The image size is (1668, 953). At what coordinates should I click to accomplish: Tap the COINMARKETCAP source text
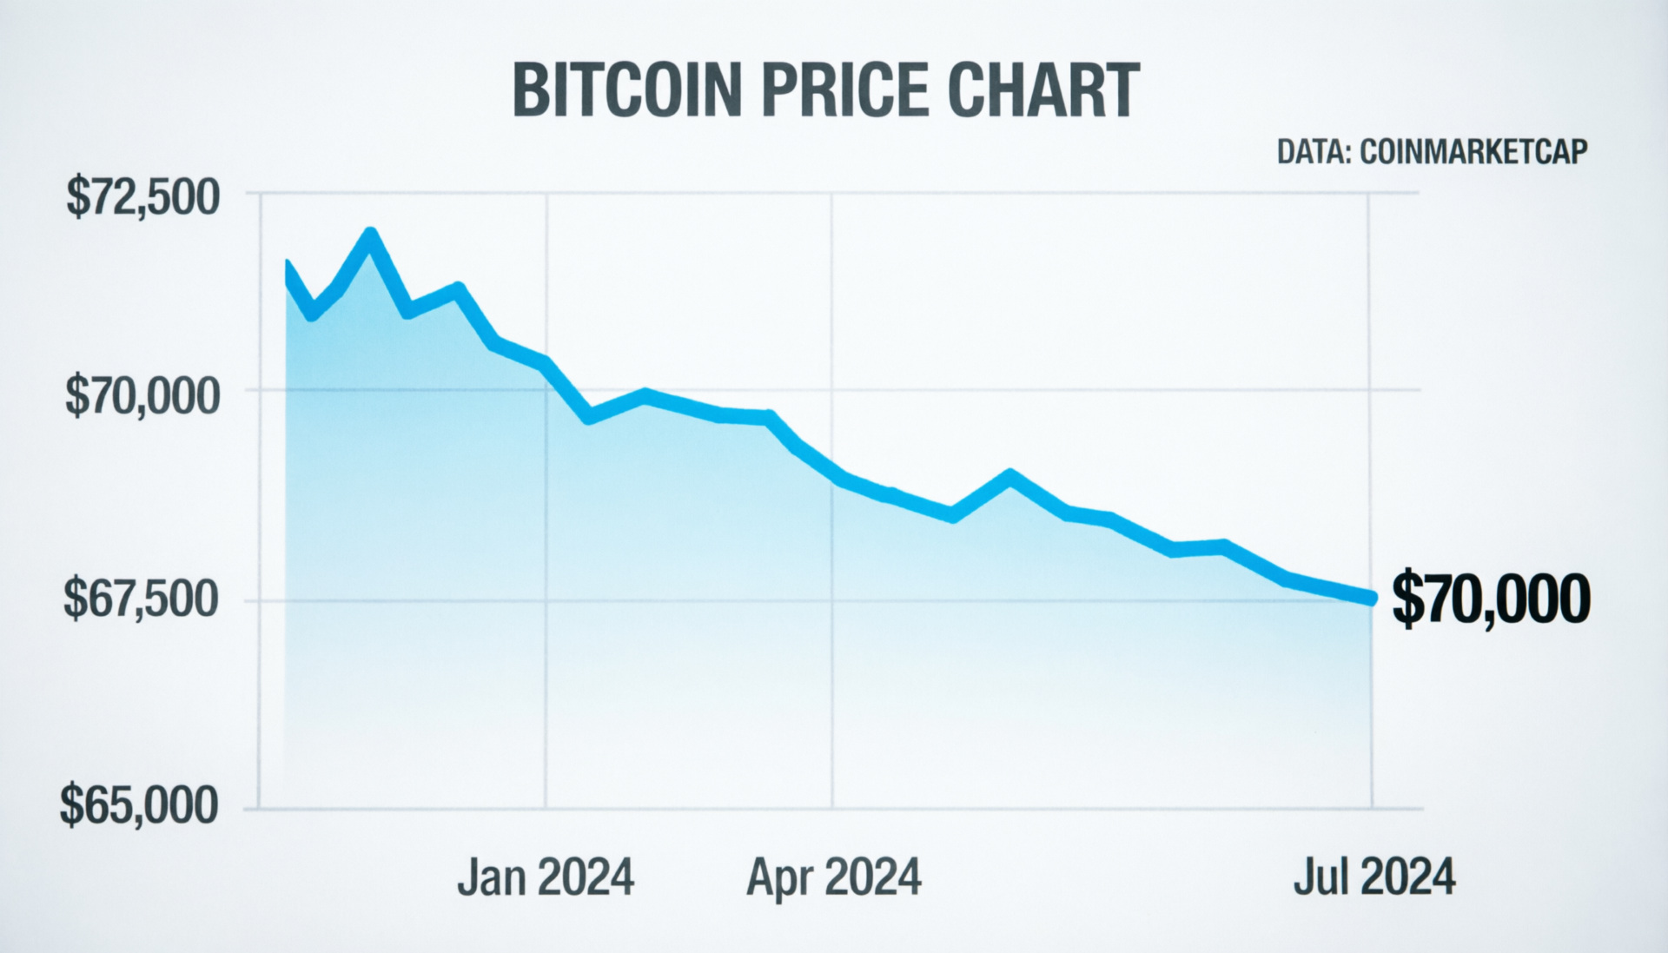[x=1473, y=152]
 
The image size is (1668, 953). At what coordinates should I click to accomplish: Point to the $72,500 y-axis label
[x=143, y=198]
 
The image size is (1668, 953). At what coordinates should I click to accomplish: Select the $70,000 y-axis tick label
[x=143, y=397]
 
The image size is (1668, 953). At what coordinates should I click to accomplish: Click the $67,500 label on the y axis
[x=141, y=599]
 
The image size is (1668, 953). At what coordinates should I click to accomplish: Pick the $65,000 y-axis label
[x=139, y=806]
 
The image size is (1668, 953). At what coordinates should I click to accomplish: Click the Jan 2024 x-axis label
[x=546, y=877]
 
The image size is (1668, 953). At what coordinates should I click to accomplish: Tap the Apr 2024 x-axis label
[x=833, y=877]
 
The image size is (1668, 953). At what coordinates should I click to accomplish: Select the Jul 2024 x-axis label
[x=1373, y=877]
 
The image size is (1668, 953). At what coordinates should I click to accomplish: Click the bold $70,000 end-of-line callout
[x=1491, y=599]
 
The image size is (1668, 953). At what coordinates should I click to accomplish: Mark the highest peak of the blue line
[x=370, y=235]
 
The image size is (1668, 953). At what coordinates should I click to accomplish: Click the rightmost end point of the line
[x=1372, y=598]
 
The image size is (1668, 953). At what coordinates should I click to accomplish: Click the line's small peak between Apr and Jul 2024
[x=1009, y=476]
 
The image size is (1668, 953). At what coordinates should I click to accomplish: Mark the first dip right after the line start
[x=313, y=314]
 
